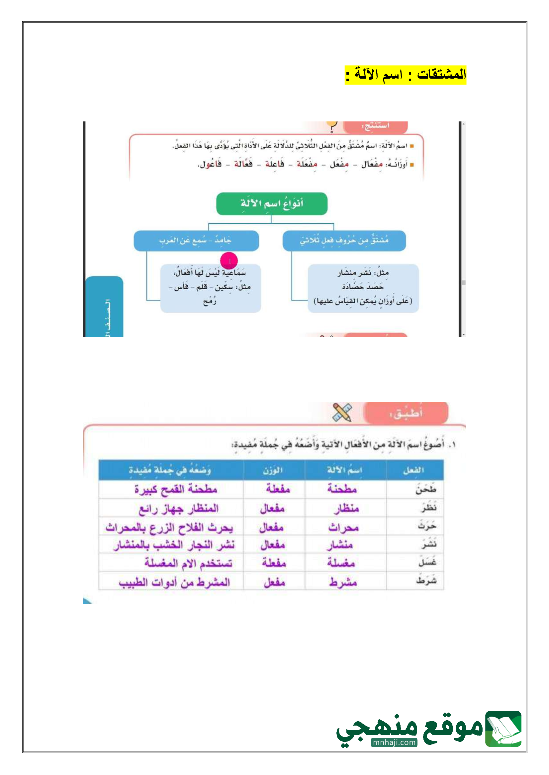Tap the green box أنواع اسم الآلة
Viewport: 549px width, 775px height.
(271, 204)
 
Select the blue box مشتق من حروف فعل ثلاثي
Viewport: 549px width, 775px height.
(344, 241)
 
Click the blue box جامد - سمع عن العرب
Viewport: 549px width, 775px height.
(196, 241)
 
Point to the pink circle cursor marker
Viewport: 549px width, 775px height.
(229, 261)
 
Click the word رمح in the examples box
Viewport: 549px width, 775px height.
(210, 301)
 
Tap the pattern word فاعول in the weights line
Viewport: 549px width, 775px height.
(210, 165)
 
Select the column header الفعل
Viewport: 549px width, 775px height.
(414, 470)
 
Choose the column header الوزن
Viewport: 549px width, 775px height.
(273, 470)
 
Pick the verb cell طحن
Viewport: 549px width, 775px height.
(425, 489)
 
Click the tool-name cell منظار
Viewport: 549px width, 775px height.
(346, 508)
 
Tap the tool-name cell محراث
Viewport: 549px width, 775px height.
(343, 527)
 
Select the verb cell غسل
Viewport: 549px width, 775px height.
(427, 562)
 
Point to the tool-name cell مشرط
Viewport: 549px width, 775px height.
(343, 582)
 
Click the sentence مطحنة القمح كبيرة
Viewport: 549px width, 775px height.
(175, 489)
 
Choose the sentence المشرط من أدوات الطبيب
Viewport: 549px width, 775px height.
(174, 582)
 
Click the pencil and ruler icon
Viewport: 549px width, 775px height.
(342, 412)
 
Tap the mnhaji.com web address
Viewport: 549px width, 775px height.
(394, 742)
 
